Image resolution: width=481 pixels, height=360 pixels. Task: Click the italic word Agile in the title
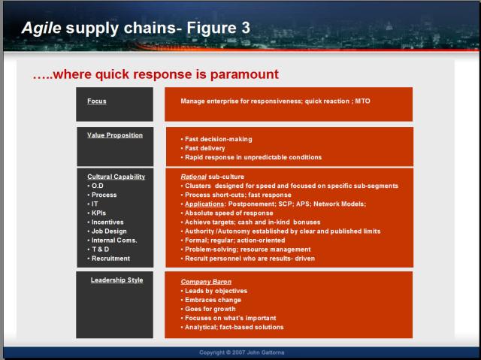click(41, 29)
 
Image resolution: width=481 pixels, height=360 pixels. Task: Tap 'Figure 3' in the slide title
click(219, 28)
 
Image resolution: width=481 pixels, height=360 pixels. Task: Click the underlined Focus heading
click(97, 101)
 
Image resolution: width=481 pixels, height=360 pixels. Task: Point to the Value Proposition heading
click(115, 135)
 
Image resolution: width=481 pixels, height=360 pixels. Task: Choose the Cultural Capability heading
click(116, 177)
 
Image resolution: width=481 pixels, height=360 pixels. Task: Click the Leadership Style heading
click(117, 280)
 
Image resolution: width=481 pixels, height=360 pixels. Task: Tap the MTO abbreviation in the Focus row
click(362, 101)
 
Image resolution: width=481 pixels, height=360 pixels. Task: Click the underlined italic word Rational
click(194, 177)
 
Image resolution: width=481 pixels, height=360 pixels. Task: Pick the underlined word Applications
click(204, 204)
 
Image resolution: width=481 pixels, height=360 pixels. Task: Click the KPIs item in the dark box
click(97, 213)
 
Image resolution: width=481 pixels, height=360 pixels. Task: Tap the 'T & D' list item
click(98, 250)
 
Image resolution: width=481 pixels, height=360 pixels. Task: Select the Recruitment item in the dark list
click(108, 259)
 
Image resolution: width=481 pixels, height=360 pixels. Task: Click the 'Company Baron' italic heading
click(206, 282)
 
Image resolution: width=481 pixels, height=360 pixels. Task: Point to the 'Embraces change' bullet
click(211, 300)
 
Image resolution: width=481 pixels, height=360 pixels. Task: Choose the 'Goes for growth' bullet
click(208, 309)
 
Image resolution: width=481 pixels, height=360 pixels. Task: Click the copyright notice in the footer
click(242, 352)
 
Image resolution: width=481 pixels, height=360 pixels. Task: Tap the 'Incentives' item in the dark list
click(105, 222)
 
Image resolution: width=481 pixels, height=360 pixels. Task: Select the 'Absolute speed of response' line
click(227, 213)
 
